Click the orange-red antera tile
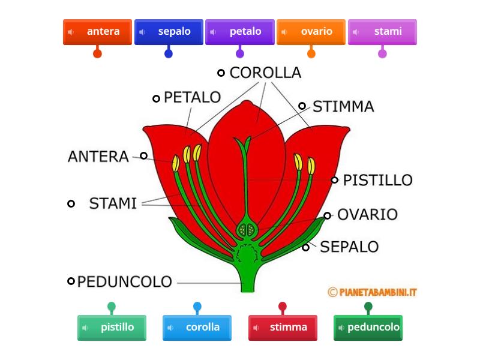(97, 32)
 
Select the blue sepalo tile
(169, 32)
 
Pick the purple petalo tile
(239, 32)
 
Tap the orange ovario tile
(311, 32)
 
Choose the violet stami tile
(382, 32)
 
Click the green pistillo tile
(112, 328)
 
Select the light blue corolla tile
(197, 328)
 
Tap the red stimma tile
(283, 328)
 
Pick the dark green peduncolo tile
(368, 328)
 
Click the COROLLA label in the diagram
(265, 73)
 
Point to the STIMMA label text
(343, 107)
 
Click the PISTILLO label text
(377, 180)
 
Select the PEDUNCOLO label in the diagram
(125, 281)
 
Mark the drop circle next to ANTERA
(144, 156)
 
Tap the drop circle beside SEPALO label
(306, 247)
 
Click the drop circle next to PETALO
(156, 98)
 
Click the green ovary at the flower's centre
(245, 229)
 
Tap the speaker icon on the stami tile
(356, 32)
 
